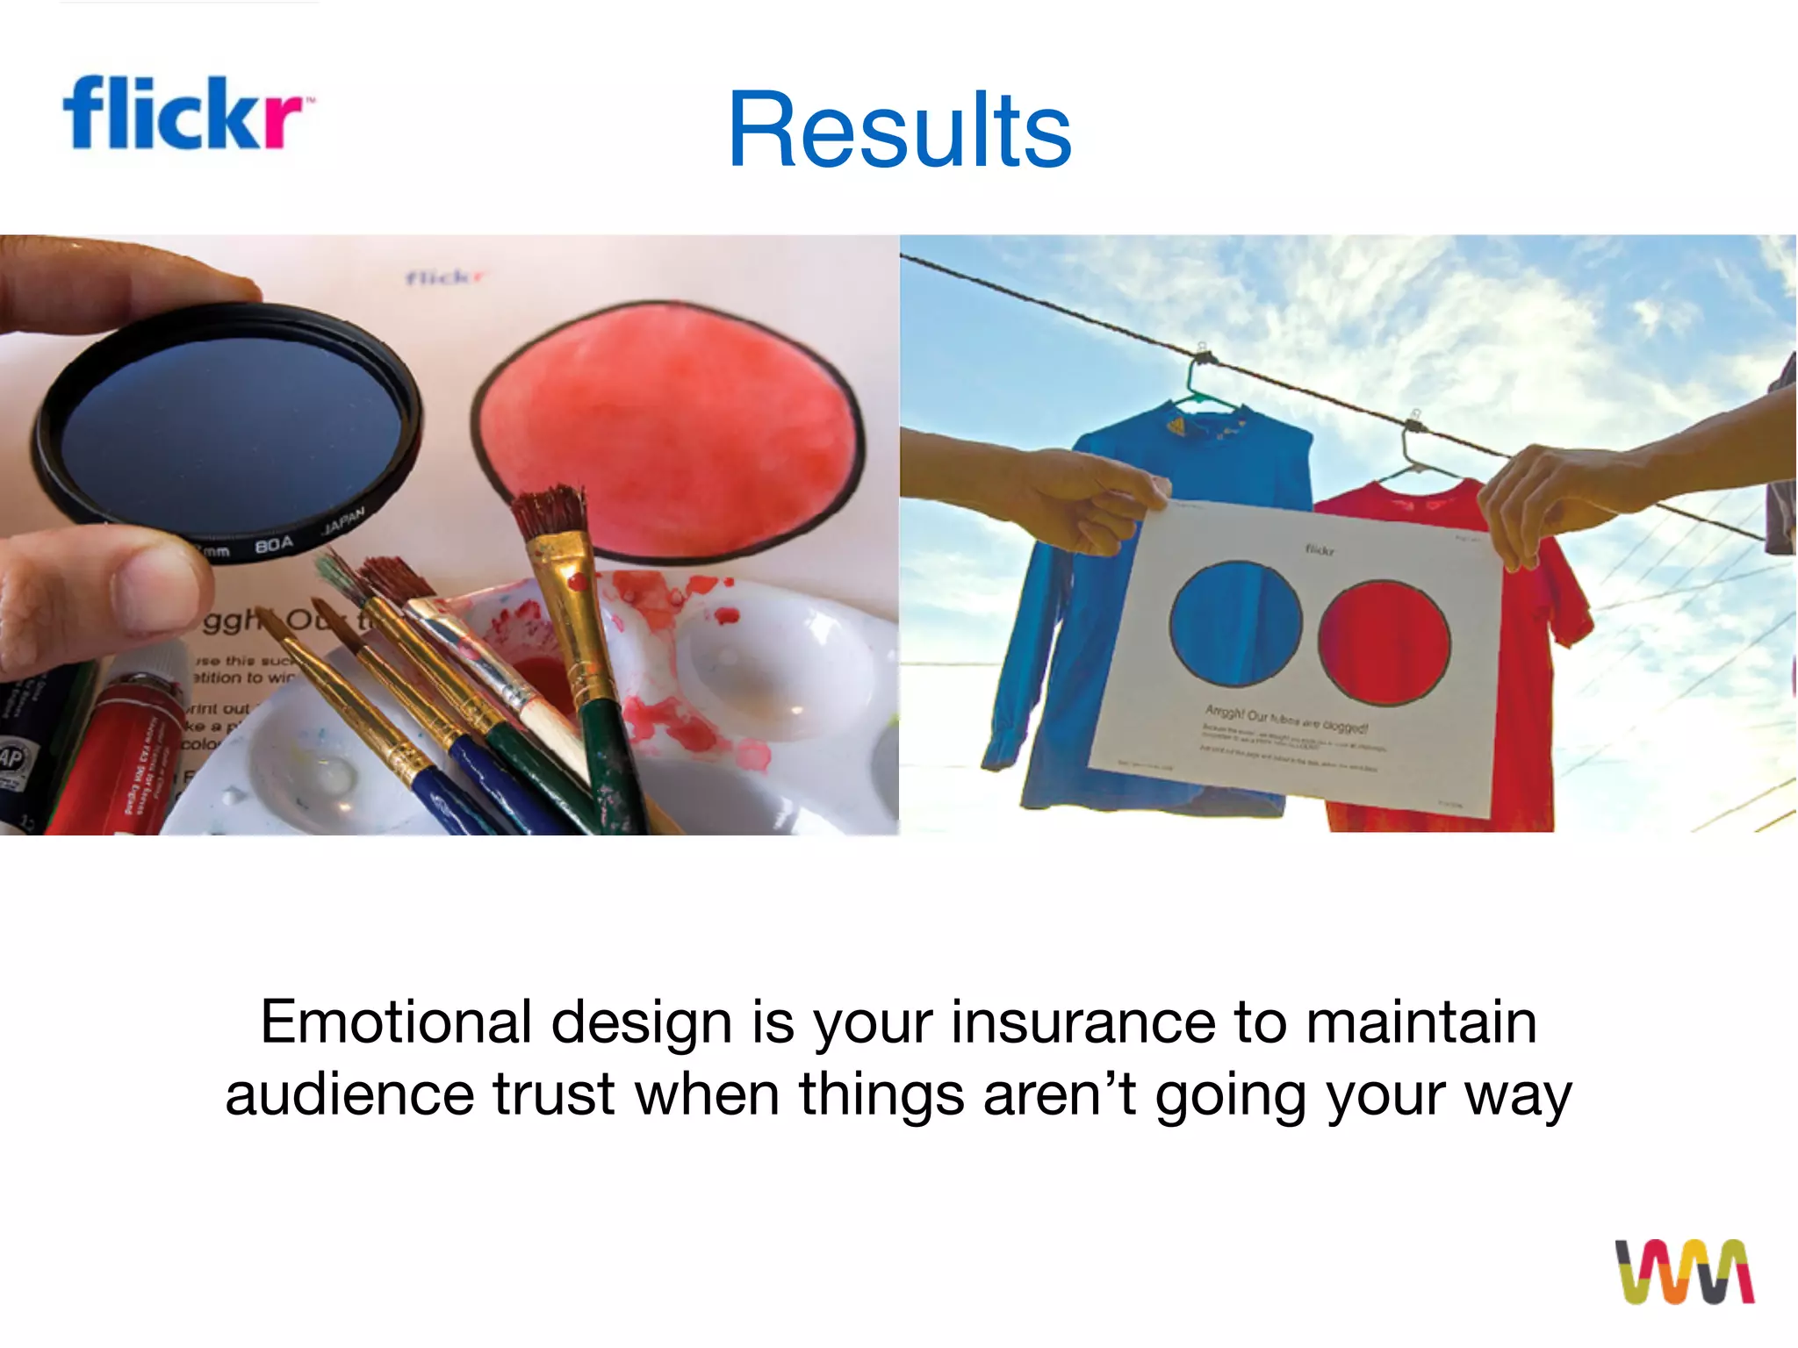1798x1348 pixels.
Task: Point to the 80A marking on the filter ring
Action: tap(273, 545)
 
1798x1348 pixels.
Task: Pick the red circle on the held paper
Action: tap(1384, 643)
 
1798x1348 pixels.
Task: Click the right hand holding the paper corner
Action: tap(1545, 500)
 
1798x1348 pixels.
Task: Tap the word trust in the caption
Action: tap(553, 1094)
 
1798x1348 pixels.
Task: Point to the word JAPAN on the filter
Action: tap(342, 520)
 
